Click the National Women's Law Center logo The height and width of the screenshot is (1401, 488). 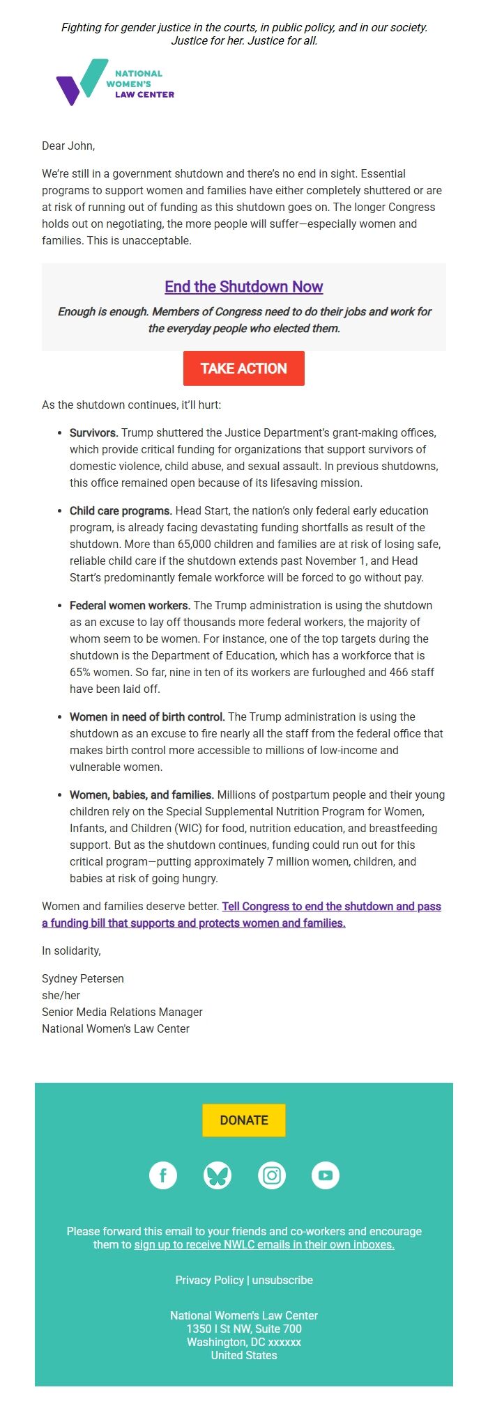point(115,83)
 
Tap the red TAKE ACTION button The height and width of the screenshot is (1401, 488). point(244,368)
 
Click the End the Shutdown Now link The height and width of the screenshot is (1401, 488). point(244,287)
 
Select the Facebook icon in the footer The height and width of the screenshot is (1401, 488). point(163,1175)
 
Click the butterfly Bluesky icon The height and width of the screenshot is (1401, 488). point(218,1175)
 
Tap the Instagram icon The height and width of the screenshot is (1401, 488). point(272,1175)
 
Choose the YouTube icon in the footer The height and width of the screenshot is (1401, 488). point(326,1175)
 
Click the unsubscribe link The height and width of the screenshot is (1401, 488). point(282,1280)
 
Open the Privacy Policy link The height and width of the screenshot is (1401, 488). point(209,1280)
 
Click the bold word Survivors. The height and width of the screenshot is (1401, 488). point(93,432)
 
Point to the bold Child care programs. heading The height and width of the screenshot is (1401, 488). point(121,510)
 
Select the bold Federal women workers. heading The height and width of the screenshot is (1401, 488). point(130,605)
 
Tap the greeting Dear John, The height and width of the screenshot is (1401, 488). point(68,146)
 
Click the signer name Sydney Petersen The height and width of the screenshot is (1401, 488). point(83,978)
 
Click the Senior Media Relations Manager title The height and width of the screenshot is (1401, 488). point(122,1012)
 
